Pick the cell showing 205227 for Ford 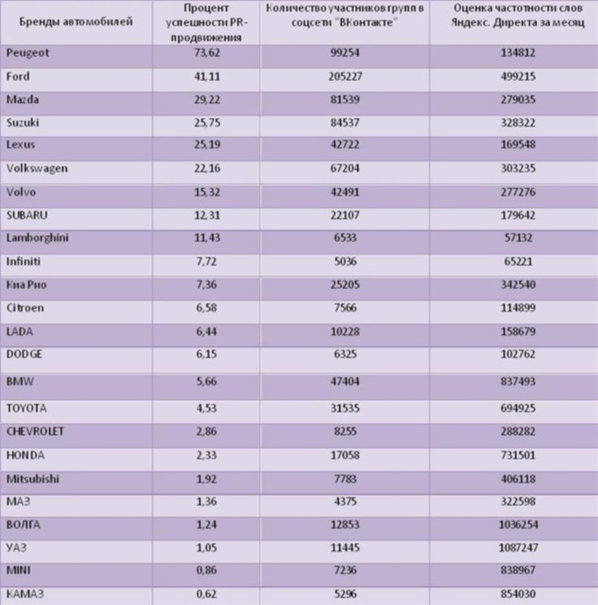click(x=345, y=76)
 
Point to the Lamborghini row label click(x=37, y=239)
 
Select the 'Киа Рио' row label click(x=28, y=284)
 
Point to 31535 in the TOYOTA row click(x=345, y=408)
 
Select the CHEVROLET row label click(x=35, y=432)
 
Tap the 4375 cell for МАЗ click(x=345, y=501)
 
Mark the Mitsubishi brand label click(x=32, y=478)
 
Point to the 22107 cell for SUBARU click(x=345, y=215)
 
